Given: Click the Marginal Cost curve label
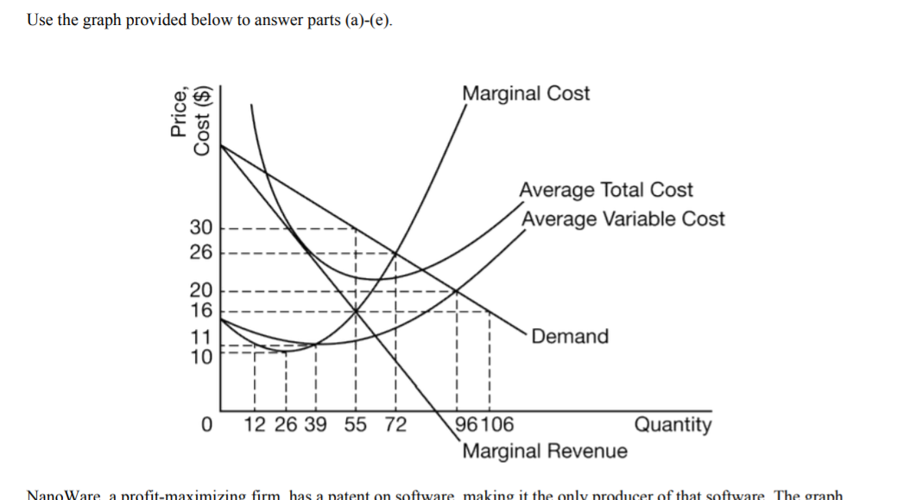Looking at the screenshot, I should [x=526, y=93].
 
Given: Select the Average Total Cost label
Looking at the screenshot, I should [x=605, y=190].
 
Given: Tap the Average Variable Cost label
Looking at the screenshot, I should [x=622, y=218].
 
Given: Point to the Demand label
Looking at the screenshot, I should [x=570, y=336].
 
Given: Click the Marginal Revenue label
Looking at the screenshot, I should [x=545, y=451].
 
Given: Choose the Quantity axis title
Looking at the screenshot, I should [x=673, y=424].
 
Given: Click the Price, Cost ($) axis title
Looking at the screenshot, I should [x=191, y=120].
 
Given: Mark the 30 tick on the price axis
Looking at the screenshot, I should [x=201, y=228].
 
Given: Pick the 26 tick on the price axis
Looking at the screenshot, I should [x=201, y=252].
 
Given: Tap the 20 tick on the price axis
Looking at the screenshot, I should [x=201, y=290].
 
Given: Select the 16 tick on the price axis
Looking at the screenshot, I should [x=201, y=309].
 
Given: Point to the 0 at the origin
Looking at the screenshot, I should [x=205, y=425].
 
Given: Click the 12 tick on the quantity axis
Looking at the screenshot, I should [x=256, y=425].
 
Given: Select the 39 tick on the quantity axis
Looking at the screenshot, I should [x=315, y=425].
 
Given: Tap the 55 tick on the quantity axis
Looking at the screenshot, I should [x=355, y=425].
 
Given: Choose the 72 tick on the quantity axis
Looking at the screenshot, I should [x=395, y=425].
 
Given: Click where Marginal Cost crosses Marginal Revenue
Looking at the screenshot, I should [x=356, y=311].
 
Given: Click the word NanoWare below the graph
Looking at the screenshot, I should [x=65, y=496].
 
